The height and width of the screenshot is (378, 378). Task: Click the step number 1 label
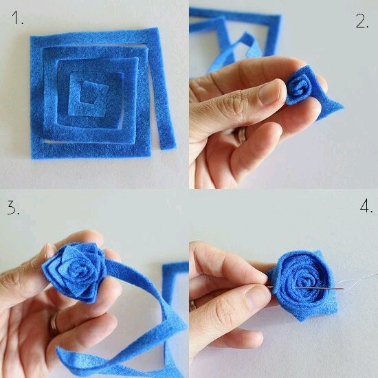[x=17, y=18]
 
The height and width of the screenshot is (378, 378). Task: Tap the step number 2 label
[x=362, y=21]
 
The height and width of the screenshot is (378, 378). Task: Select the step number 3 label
[x=13, y=208]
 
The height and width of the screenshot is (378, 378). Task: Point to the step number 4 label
[x=366, y=206]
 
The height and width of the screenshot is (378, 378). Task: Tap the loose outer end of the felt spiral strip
[x=167, y=144]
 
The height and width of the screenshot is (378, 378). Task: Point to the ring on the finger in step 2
[x=242, y=134]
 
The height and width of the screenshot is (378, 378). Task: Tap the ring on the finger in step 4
[x=192, y=306]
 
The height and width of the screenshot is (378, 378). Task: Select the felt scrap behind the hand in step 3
[x=174, y=285]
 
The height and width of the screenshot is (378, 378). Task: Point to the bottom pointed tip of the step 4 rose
[x=302, y=320]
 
